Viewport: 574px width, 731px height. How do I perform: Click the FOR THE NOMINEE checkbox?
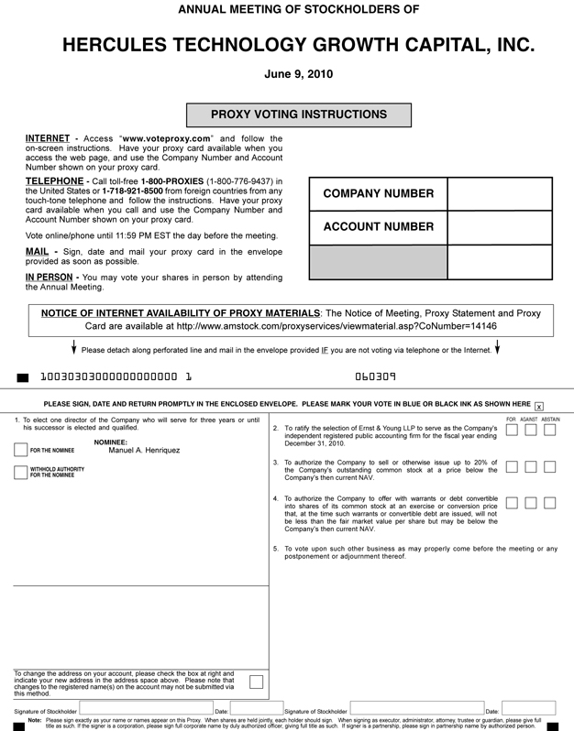(20, 449)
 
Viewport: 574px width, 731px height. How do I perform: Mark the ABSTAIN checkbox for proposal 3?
(550, 466)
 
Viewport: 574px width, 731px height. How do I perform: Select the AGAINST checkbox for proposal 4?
(532, 502)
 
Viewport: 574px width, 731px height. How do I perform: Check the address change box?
(256, 681)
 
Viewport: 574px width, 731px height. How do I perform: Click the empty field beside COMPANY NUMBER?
(500, 194)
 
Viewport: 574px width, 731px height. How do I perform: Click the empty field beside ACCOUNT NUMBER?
(500, 227)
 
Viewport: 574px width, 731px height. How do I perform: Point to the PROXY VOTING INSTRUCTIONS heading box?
(299, 115)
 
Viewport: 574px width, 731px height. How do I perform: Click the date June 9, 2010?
(299, 74)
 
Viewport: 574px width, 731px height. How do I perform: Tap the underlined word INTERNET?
(48, 139)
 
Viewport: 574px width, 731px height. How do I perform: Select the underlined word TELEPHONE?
(54, 181)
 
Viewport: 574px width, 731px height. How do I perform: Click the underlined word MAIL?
(37, 251)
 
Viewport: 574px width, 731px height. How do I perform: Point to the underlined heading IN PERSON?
(50, 277)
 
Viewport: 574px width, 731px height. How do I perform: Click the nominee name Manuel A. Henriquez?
(145, 450)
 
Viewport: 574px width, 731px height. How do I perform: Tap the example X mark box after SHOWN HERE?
(539, 406)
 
